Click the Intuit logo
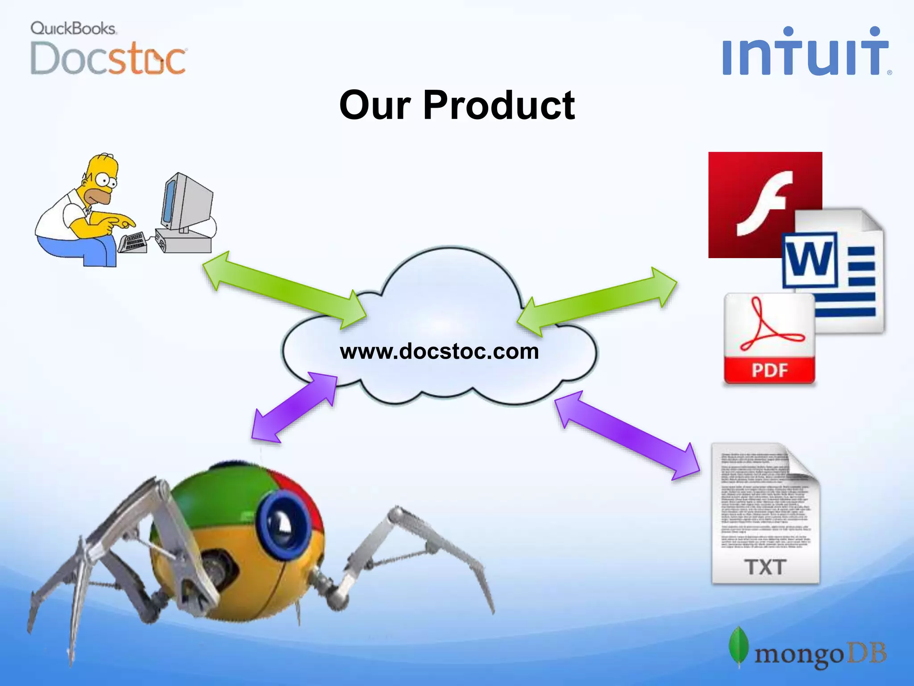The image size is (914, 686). (806, 53)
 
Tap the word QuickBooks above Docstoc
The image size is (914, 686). (73, 29)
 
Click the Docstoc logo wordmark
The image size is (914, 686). (108, 59)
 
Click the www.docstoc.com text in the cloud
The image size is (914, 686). (439, 351)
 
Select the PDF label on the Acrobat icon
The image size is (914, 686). (769, 370)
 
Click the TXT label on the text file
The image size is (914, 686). (765, 567)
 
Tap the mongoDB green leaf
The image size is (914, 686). (739, 646)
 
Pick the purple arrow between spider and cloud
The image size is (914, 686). (295, 407)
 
